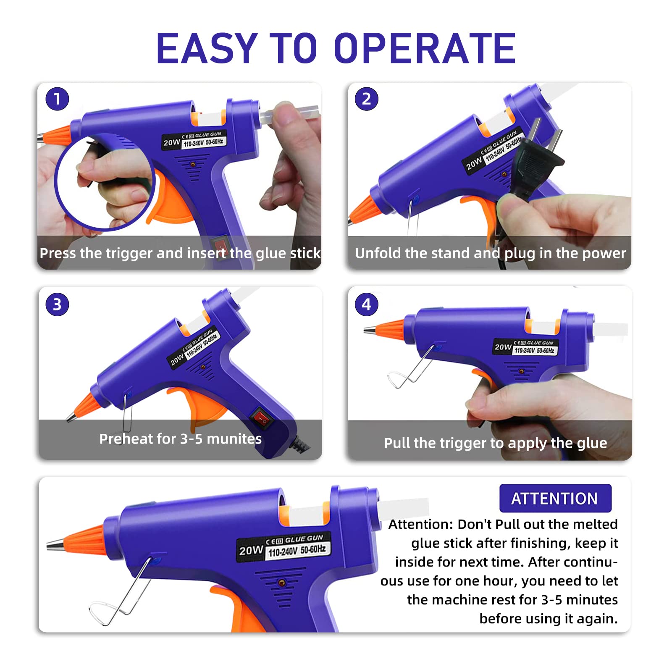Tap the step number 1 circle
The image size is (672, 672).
[57, 99]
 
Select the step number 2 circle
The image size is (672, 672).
[366, 99]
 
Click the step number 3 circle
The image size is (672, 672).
[57, 304]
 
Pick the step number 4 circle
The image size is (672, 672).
[366, 304]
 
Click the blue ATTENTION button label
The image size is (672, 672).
[555, 499]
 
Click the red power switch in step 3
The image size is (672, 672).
[261, 418]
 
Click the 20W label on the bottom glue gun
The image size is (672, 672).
[251, 550]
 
